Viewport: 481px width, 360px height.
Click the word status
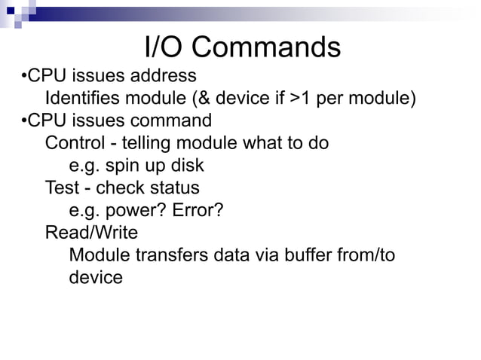176,188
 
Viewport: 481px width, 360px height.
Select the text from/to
367,255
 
